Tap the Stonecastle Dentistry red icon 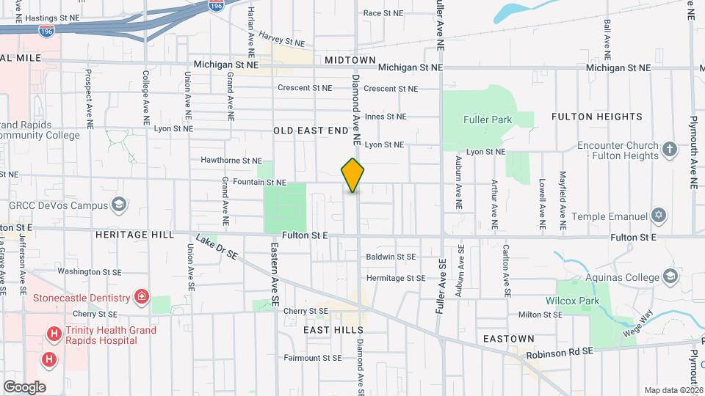pos(141,298)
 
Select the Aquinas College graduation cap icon pos(670,276)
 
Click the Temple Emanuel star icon pos(659,216)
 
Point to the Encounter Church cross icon pos(669,150)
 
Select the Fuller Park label pos(488,119)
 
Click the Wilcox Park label pos(570,301)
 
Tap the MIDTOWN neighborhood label pos(350,60)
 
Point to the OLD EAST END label pos(311,131)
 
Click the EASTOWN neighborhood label pos(509,339)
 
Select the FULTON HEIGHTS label pos(596,117)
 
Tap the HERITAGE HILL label pos(134,235)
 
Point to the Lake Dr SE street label pos(217,248)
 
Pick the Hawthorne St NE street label pos(231,160)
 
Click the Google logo pos(24,386)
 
